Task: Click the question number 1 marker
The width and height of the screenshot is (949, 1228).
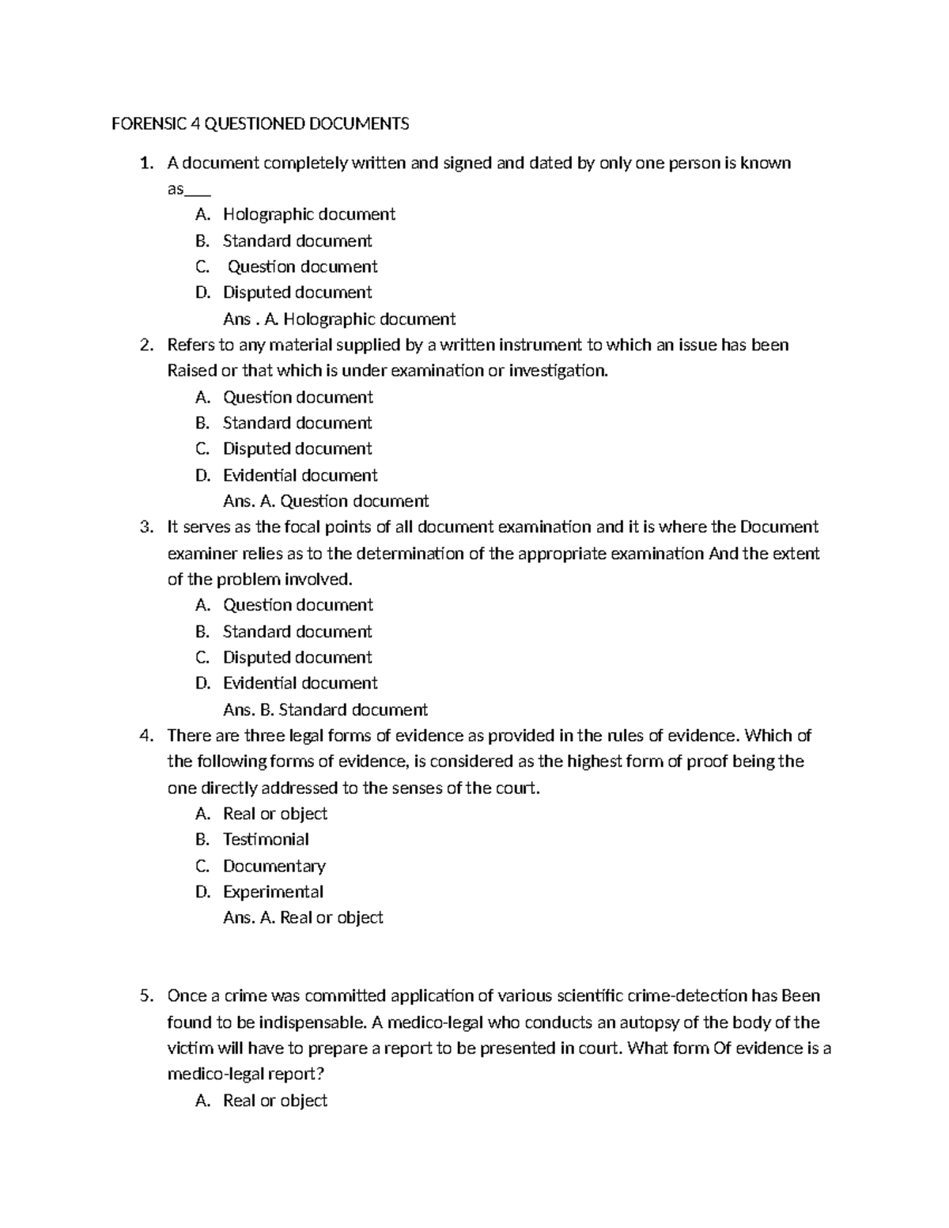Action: [x=145, y=164]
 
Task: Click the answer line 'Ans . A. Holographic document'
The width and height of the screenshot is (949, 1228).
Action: [x=339, y=319]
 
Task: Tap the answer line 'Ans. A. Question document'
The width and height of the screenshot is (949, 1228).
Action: [x=326, y=501]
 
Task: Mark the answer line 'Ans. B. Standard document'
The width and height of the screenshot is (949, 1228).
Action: [x=325, y=709]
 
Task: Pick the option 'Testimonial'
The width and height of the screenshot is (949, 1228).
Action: [x=266, y=839]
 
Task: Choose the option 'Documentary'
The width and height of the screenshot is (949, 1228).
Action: [x=274, y=866]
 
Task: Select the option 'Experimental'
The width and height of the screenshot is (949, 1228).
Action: [x=273, y=892]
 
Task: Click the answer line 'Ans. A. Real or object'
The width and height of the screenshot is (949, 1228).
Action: [x=303, y=917]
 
